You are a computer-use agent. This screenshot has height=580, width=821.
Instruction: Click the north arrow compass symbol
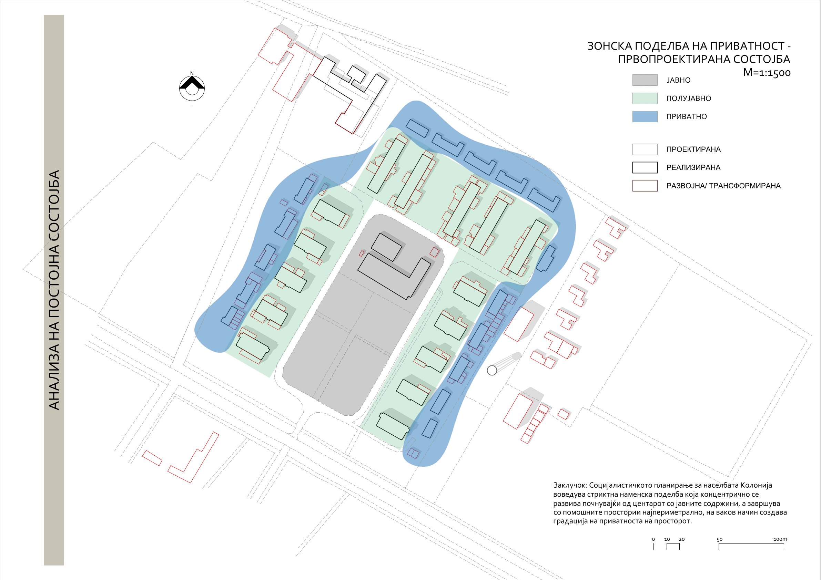[x=192, y=88]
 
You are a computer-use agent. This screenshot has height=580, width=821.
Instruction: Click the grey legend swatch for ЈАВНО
[x=645, y=80]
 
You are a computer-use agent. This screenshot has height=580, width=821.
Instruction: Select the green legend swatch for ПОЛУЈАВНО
[x=645, y=98]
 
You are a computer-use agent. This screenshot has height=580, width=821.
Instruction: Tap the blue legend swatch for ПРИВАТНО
[x=645, y=116]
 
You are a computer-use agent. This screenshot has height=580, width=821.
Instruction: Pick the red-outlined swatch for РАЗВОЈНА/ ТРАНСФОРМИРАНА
[x=645, y=186]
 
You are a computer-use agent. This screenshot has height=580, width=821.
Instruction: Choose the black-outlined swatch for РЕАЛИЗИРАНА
[x=645, y=168]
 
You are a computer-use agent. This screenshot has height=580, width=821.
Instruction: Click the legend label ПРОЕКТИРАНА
[x=693, y=149]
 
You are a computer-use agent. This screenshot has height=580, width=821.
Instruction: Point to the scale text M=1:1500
[x=767, y=73]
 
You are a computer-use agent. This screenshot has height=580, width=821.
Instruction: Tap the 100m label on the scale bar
[x=780, y=539]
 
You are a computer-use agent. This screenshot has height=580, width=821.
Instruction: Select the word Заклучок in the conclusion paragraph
[x=570, y=485]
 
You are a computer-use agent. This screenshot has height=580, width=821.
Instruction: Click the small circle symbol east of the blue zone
[x=492, y=371]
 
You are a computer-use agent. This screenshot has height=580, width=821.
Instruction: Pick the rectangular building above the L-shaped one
[x=386, y=247]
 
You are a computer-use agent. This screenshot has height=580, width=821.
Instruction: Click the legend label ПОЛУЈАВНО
[x=689, y=99]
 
